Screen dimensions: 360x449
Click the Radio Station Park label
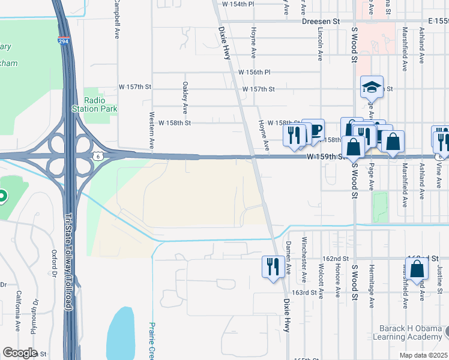tap(94, 104)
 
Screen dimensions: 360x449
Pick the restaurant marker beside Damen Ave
tap(273, 266)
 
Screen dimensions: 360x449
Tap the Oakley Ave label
tap(185, 97)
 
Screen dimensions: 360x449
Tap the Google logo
tap(19, 353)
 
